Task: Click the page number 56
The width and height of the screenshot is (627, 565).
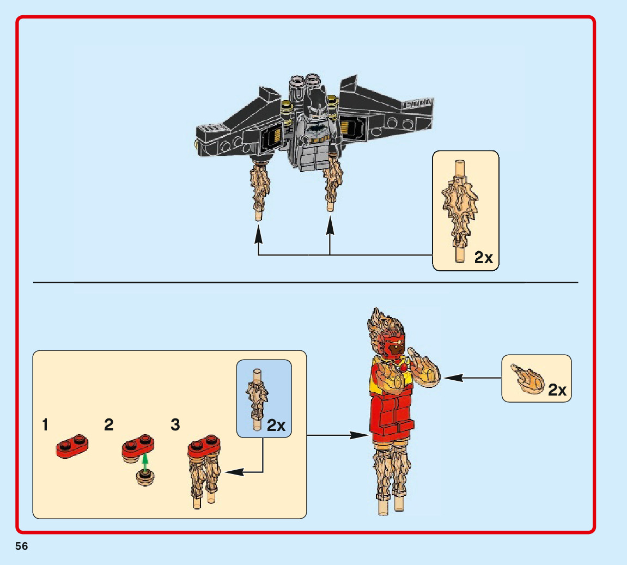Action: point(22,546)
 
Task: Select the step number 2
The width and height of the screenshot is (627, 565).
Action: point(109,425)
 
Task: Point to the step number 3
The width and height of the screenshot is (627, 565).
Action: point(175,425)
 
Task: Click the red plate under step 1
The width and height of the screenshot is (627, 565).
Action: point(72,446)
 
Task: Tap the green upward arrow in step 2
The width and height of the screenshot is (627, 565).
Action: point(145,462)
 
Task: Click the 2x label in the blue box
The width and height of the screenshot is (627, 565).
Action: point(277,426)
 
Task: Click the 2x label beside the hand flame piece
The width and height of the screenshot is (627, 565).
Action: point(557,390)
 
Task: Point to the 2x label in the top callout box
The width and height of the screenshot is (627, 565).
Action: point(484,257)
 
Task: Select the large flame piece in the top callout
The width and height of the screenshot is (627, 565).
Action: point(461,209)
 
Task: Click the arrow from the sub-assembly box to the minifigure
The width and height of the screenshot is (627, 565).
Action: point(332,435)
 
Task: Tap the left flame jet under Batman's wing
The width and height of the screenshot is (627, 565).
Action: point(259,187)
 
